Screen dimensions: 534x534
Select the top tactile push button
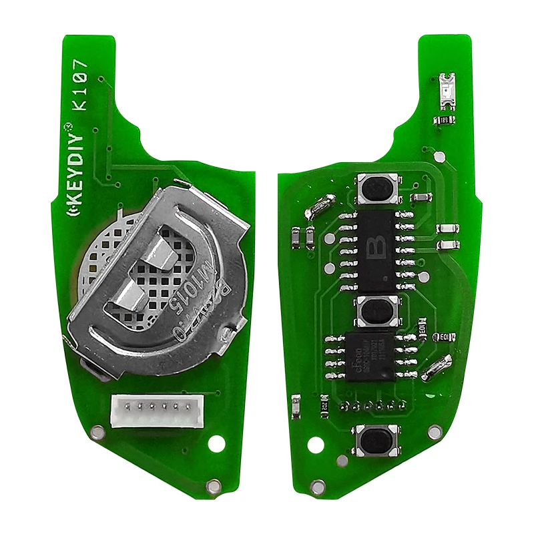coord(378,189)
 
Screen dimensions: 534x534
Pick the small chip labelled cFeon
coord(368,356)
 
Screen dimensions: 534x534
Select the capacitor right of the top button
coord(421,198)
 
